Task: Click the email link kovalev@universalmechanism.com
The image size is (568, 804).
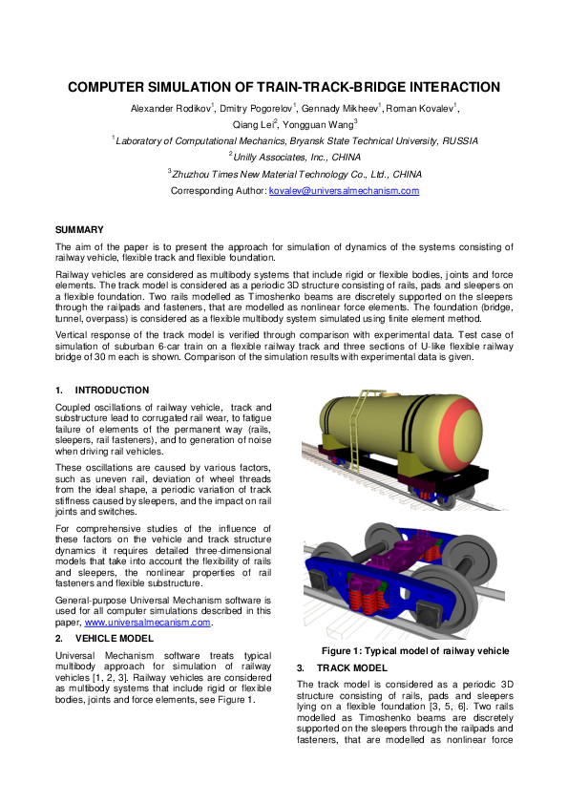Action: pyautogui.click(x=344, y=191)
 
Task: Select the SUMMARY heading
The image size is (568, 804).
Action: pyautogui.click(x=77, y=231)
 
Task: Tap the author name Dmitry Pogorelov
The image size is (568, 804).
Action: pyautogui.click(x=256, y=107)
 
